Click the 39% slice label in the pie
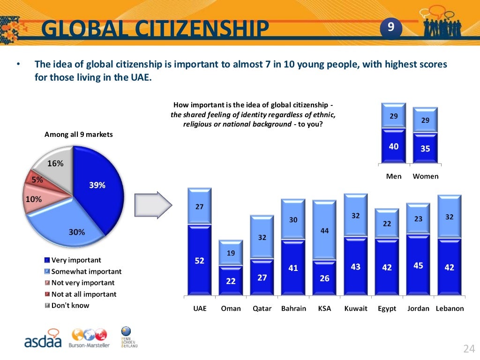click(x=97, y=185)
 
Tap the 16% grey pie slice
click(x=55, y=164)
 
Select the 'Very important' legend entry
click(x=76, y=260)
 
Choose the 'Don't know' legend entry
click(x=70, y=305)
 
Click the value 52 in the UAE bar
click(x=200, y=261)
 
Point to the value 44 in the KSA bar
click(x=324, y=231)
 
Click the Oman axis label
click(x=231, y=308)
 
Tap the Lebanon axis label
click(x=450, y=308)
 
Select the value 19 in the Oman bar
click(x=231, y=253)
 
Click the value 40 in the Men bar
click(x=394, y=146)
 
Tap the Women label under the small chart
click(x=425, y=176)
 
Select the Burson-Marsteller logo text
click(x=89, y=345)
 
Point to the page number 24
click(x=469, y=349)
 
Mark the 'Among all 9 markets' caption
click(x=79, y=135)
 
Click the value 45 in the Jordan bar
click(x=418, y=266)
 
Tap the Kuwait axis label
click(x=356, y=308)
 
